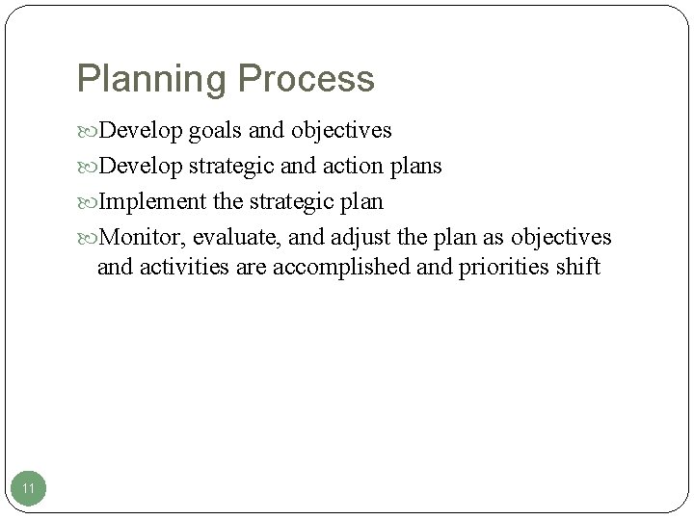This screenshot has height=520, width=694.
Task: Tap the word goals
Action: pos(215,130)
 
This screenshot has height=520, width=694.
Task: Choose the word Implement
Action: pos(152,202)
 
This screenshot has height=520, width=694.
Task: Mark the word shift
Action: pos(579,266)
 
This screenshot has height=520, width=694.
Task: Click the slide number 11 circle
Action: pos(29,489)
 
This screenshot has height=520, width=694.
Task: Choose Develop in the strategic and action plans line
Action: pos(143,167)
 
